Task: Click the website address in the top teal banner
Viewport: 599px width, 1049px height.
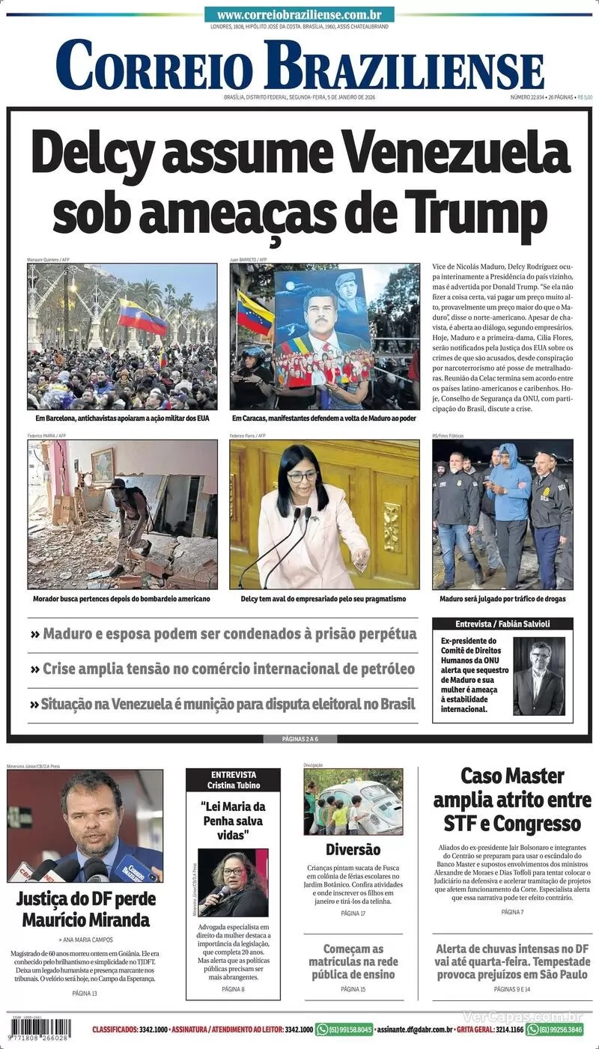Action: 299,15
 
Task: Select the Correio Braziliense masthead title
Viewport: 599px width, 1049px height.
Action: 299,64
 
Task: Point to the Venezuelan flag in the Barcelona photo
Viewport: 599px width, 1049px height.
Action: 142,317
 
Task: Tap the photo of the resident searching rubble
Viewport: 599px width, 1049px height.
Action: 122,514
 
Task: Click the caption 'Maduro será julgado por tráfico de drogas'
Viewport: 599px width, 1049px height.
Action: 502,599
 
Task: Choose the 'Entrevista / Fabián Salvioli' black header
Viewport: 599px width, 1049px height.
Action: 502,624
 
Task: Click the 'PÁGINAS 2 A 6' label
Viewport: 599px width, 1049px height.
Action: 299,739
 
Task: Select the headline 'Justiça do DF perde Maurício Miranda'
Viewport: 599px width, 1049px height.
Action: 83,908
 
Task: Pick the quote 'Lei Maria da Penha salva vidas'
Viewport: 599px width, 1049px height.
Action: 233,820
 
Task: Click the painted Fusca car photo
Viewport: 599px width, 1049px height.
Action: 353,802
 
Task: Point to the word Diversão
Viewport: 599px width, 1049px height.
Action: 353,850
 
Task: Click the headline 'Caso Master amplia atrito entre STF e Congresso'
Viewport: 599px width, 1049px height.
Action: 512,800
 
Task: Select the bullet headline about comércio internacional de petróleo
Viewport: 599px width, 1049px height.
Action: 222,669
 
